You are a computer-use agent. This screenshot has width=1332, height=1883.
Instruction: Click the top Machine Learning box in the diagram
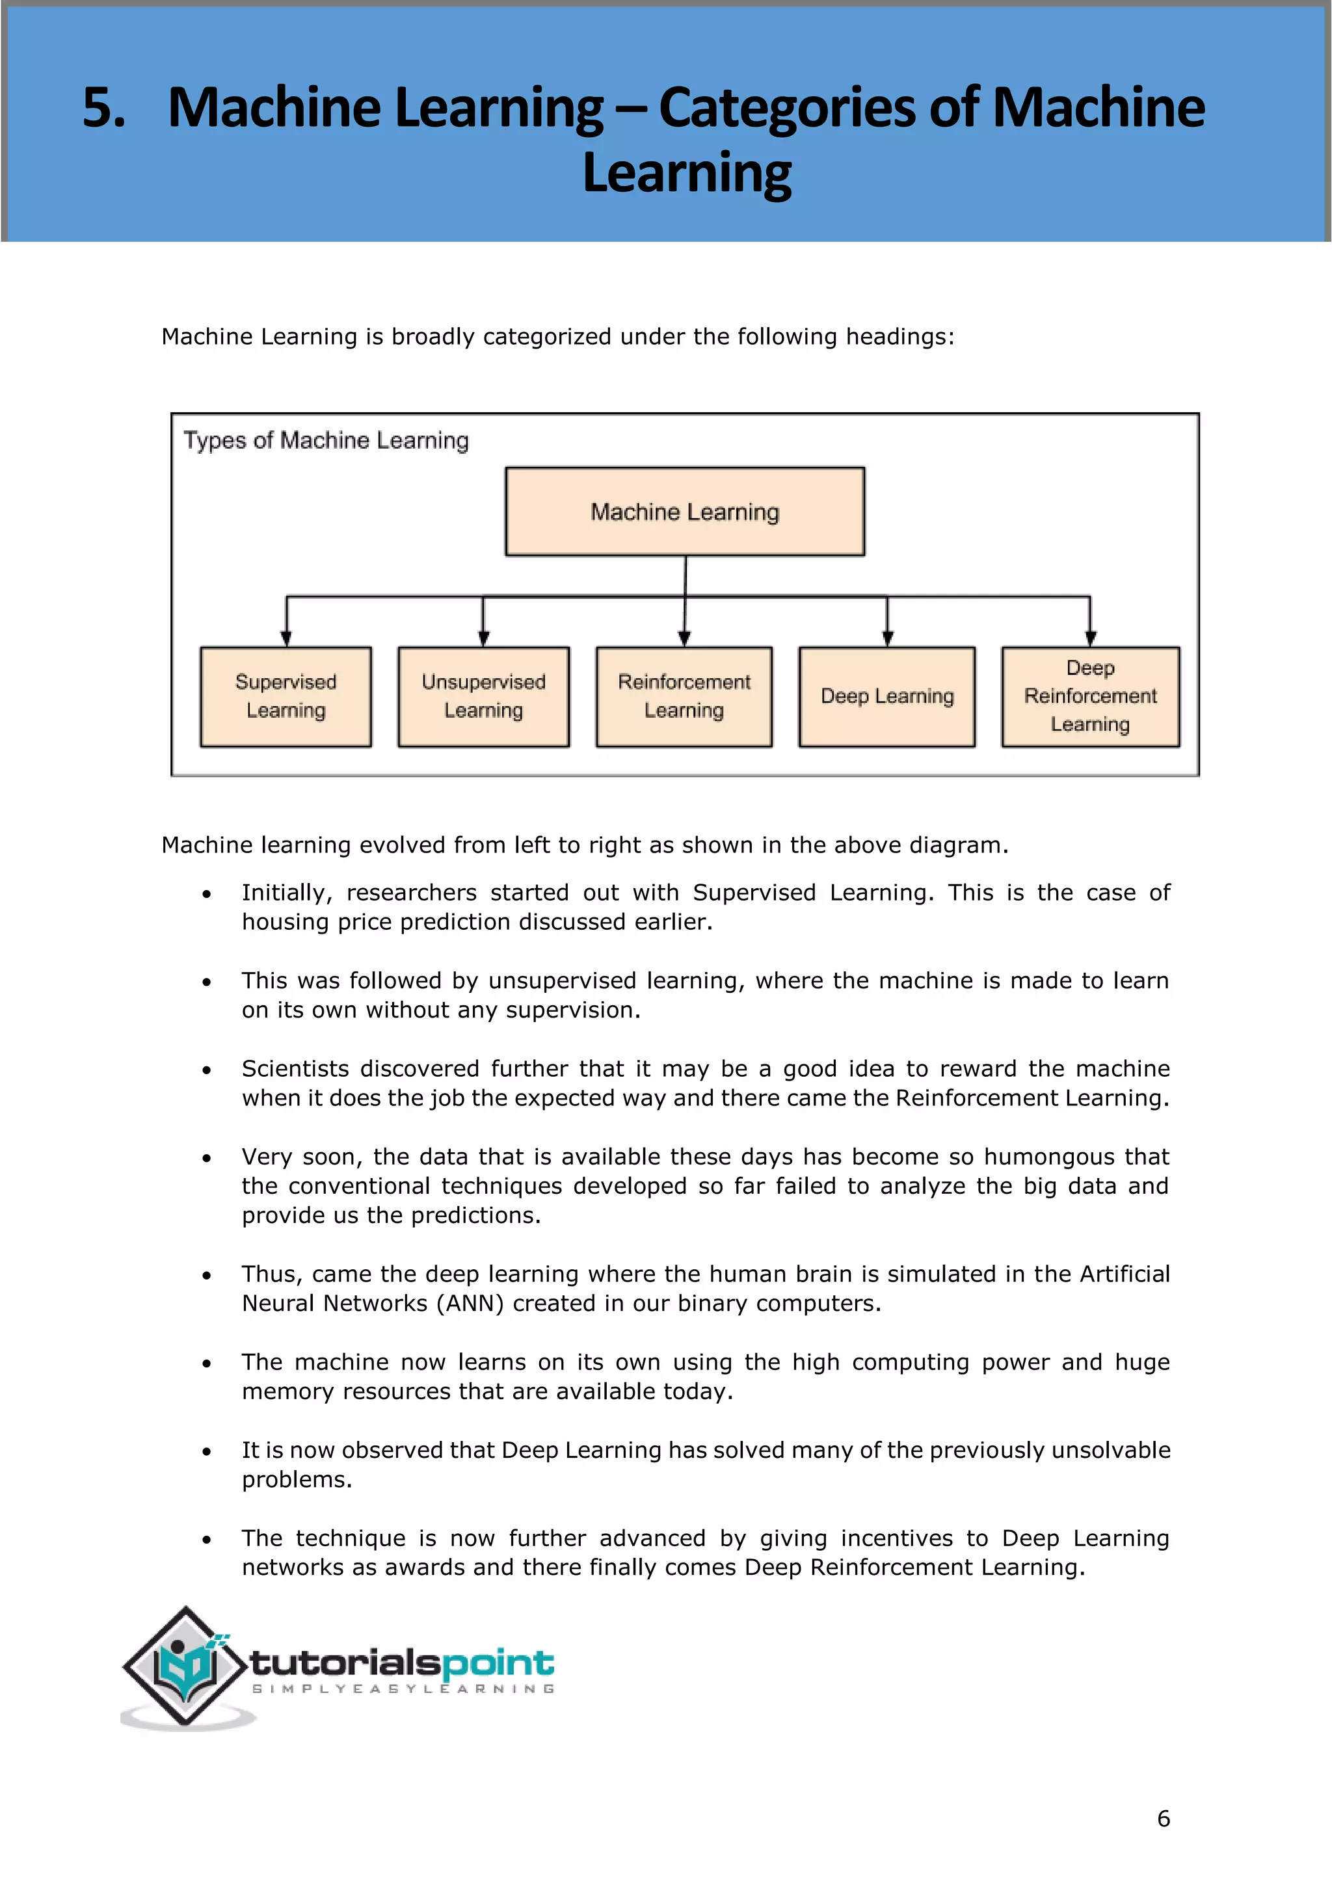point(685,512)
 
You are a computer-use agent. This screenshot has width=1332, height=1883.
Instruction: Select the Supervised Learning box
point(286,696)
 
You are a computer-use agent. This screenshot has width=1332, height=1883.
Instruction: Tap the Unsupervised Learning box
point(483,696)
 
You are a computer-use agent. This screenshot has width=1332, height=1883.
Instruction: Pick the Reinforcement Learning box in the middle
point(684,696)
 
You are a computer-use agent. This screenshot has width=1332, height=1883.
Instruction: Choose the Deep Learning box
point(886,696)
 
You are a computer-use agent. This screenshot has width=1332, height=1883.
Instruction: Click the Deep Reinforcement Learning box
point(1090,696)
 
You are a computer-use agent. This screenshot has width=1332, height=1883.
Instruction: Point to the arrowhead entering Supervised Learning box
point(286,639)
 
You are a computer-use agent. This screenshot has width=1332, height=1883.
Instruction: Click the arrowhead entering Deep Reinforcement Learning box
point(1090,639)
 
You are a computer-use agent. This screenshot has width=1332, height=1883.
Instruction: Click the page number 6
point(1163,1818)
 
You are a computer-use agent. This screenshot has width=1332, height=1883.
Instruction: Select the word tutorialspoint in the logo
point(402,1663)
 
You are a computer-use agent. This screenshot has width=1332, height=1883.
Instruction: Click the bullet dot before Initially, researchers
point(207,894)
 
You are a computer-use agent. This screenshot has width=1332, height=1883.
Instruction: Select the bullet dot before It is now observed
point(207,1452)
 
